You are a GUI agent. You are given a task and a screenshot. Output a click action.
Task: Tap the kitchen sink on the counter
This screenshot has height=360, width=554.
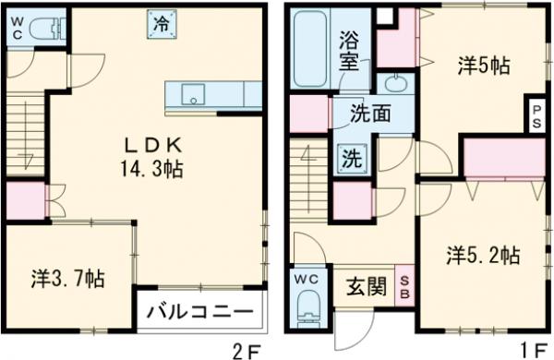pyautogui.click(x=194, y=92)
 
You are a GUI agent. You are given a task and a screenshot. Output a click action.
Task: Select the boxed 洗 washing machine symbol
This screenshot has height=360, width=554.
pyautogui.click(x=352, y=157)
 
